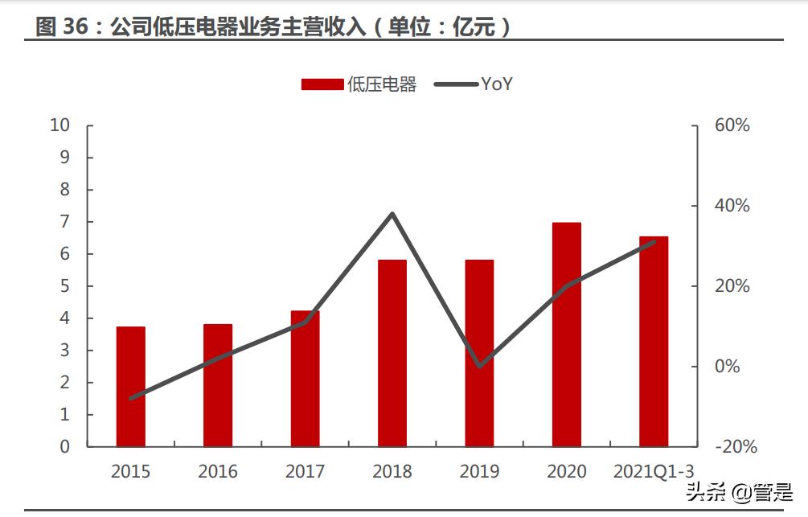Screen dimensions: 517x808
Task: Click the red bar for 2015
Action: click(130, 386)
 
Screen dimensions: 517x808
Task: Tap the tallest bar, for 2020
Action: click(566, 334)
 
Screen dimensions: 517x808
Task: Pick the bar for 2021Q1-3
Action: click(654, 341)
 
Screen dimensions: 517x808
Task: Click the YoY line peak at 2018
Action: click(392, 214)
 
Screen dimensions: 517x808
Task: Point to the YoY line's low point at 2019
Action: click(479, 366)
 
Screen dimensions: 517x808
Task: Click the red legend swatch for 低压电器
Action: click(322, 84)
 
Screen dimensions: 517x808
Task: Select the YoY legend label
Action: click(497, 84)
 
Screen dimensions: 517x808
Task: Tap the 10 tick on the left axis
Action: click(60, 125)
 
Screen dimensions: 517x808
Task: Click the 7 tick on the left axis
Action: click(65, 222)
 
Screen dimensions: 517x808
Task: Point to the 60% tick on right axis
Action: click(732, 125)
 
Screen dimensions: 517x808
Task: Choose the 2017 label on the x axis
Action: click(305, 472)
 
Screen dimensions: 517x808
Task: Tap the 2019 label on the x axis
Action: click(479, 472)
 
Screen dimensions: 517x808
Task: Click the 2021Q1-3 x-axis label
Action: click(654, 472)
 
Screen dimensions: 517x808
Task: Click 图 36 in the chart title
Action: click(61, 27)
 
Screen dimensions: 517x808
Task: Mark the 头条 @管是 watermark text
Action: click(738, 490)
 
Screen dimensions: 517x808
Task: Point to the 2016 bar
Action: click(218, 385)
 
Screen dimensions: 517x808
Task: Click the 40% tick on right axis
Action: click(732, 206)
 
